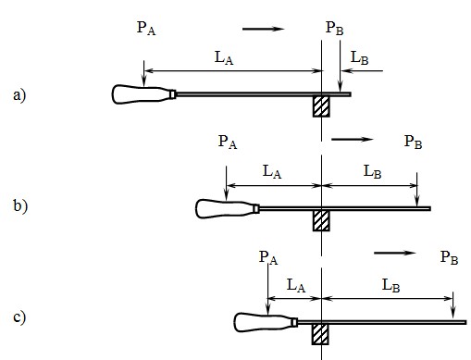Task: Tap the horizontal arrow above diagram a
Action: coord(263,30)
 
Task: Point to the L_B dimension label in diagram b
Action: coord(372,171)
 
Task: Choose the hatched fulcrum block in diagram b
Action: coord(321,220)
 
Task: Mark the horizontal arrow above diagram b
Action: coord(352,141)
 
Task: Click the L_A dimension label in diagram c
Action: coord(295,286)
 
